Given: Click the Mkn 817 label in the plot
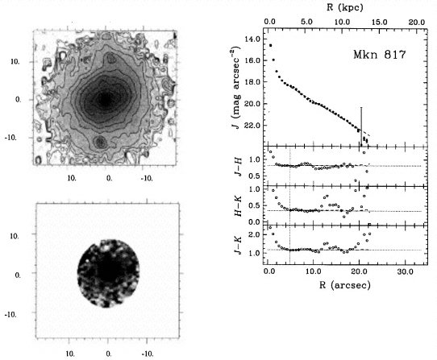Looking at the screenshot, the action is coord(380,54).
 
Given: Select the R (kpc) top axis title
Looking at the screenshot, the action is coord(345,7).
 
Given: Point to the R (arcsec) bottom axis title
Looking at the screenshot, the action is coord(345,284).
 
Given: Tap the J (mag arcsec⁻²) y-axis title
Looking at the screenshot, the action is coord(236,88).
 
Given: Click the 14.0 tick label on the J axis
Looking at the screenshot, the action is coord(252,39).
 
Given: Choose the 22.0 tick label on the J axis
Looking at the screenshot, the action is coord(252,126).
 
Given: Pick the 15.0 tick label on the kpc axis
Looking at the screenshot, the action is coord(380,22).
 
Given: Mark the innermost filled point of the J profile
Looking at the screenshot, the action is coord(270,45).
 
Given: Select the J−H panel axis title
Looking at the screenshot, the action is coord(238,167).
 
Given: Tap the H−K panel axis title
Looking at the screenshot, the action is coord(238,205).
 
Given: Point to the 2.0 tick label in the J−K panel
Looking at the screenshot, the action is coord(254,234).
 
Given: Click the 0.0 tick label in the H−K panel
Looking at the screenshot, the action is coord(254,222).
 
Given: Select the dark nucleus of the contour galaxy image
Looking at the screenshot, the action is coord(106,100).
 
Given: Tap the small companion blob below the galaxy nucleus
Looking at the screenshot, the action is coord(101,143).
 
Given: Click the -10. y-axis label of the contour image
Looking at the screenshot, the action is coord(10,137).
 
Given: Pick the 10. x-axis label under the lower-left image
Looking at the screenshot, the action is coord(70,354).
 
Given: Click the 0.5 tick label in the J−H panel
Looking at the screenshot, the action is coord(254,176).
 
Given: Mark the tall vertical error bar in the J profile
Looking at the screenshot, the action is coord(361,126).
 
